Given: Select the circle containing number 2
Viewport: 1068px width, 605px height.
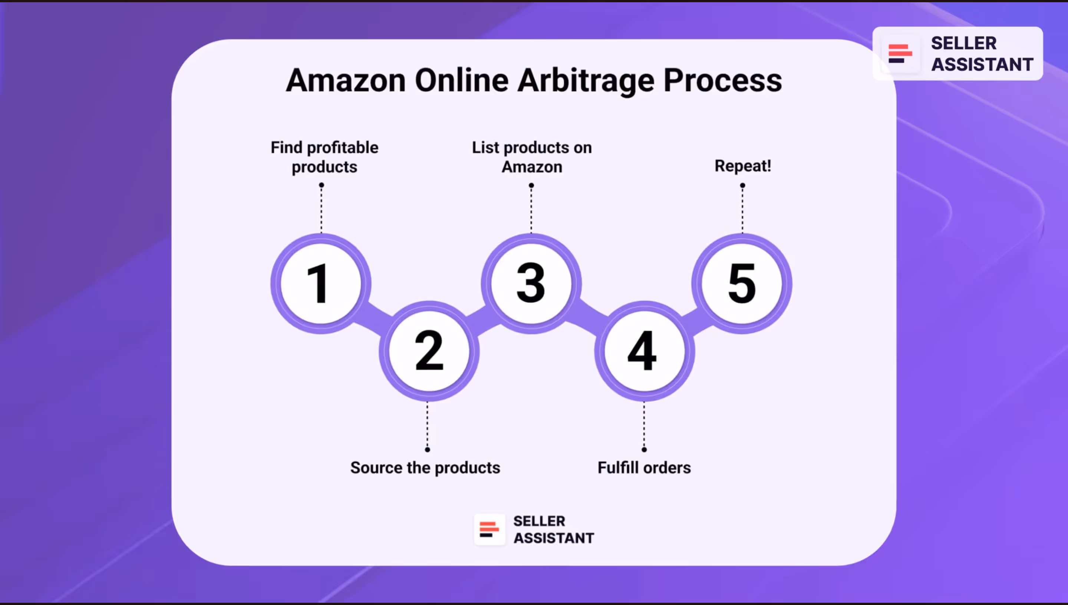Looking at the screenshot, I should (x=429, y=351).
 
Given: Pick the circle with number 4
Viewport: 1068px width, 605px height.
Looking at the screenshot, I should (x=644, y=351).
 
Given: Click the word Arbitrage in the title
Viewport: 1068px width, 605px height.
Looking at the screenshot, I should (x=586, y=80).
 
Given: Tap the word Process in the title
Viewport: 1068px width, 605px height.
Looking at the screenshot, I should (x=722, y=80).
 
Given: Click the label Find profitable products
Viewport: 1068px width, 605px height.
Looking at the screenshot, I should (x=324, y=157).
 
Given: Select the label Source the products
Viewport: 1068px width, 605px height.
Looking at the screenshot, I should (x=425, y=468).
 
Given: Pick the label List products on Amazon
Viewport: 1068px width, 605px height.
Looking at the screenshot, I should (x=531, y=157).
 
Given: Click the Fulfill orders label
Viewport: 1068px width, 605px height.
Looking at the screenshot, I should (x=644, y=468).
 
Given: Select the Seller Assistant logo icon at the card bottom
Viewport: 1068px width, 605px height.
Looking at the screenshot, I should (x=489, y=529).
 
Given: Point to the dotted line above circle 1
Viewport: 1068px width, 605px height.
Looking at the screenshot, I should (x=321, y=210).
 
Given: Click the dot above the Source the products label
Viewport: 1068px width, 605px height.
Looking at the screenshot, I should (x=427, y=450).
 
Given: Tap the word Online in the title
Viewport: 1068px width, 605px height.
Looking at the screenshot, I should (x=461, y=80).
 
